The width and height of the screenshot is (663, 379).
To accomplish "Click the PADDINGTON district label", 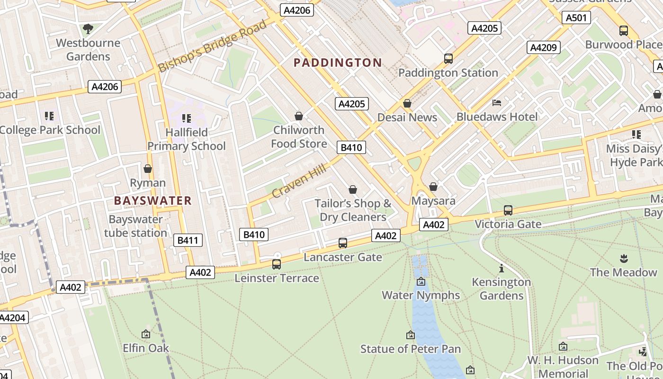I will tap(338, 63).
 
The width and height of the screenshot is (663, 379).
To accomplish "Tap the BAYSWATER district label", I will tap(153, 200).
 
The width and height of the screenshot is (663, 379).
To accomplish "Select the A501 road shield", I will tap(576, 18).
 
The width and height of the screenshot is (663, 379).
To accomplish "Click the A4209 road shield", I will tap(543, 47).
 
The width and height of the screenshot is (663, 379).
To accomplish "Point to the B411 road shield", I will tap(188, 240).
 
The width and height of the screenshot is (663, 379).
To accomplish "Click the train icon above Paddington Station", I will tap(448, 59).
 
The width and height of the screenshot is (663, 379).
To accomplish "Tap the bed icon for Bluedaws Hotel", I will tap(497, 102).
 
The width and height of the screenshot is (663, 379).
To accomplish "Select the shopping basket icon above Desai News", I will tap(407, 103).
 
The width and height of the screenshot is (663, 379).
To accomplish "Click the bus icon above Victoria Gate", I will tap(508, 210).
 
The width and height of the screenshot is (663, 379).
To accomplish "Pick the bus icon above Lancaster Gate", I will tap(342, 243).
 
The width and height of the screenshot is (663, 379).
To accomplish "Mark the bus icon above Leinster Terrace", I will tap(277, 264).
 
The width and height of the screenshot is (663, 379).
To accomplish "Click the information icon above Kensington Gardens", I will tap(501, 268).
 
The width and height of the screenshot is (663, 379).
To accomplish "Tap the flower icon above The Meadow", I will tap(623, 258).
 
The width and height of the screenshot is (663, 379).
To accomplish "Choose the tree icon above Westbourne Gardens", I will tap(88, 29).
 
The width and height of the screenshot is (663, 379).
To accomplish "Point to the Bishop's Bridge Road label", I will tap(213, 46).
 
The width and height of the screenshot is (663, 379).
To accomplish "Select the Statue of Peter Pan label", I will tap(410, 349).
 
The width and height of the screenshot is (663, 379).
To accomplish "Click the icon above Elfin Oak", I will tap(146, 334).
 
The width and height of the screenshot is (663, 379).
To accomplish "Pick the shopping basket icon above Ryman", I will tap(148, 169).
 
